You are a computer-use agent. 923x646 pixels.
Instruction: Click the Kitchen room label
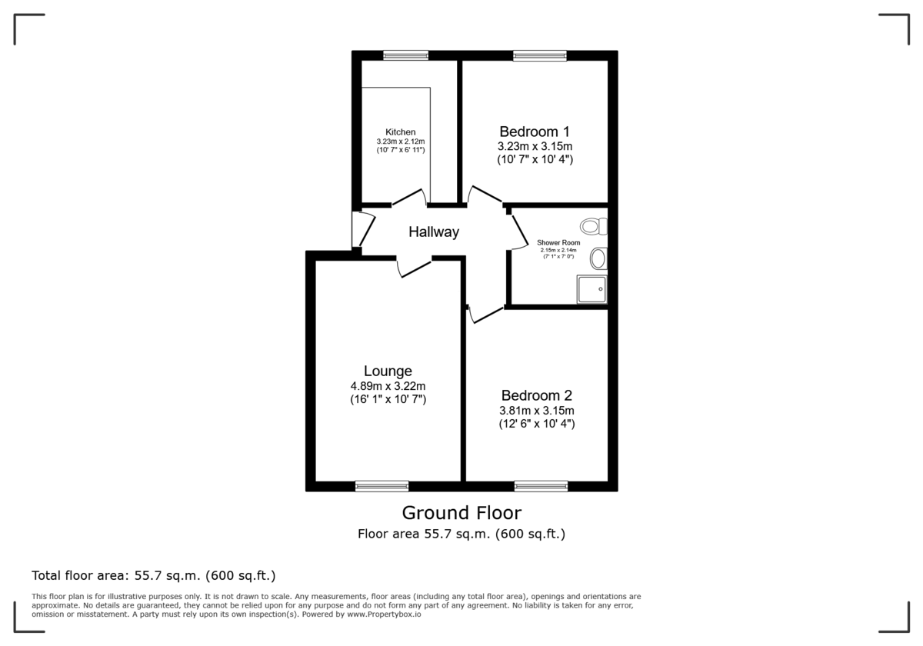click(x=401, y=132)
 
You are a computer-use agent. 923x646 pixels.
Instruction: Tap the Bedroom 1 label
click(x=535, y=131)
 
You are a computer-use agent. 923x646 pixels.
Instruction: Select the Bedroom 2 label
click(x=536, y=395)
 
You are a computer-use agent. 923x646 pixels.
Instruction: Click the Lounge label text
click(x=388, y=371)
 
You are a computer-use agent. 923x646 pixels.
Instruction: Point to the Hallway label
click(x=434, y=231)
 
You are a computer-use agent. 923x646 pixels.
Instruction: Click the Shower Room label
click(x=558, y=242)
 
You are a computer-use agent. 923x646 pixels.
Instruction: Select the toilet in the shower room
click(x=595, y=226)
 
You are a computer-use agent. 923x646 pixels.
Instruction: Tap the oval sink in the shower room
click(x=598, y=258)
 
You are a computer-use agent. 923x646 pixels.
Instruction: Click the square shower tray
click(x=591, y=289)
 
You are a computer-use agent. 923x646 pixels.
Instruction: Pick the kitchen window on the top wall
click(x=405, y=55)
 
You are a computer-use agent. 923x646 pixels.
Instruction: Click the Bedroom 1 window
click(x=540, y=55)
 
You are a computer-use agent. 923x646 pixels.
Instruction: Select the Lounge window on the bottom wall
click(x=382, y=486)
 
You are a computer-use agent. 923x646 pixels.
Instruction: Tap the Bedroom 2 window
click(x=541, y=486)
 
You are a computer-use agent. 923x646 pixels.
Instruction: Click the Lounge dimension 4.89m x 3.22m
click(x=388, y=386)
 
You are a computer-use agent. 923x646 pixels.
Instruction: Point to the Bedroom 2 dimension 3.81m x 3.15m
click(x=536, y=410)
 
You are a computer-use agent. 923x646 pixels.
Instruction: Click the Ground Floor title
click(x=461, y=513)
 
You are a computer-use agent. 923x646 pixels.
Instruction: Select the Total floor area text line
click(x=153, y=575)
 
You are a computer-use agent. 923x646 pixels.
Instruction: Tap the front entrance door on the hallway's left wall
click(x=358, y=228)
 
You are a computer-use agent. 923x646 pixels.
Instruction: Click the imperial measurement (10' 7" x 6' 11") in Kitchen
click(x=401, y=150)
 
